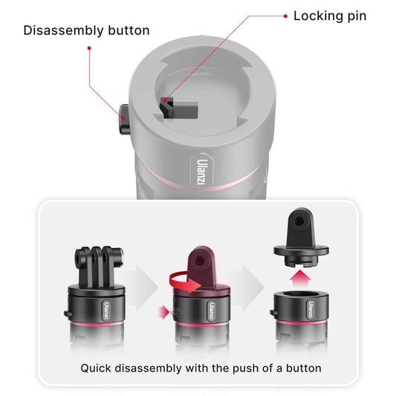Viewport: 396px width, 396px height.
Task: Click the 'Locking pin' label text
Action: coord(330,16)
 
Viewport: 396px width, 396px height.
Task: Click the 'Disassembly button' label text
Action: coord(86,30)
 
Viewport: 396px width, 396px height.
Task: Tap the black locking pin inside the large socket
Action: coord(178,108)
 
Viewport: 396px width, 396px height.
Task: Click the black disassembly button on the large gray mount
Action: coord(125,119)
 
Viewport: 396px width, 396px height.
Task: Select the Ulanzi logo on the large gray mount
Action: coord(201,172)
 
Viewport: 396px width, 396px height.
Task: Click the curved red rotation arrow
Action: coord(185,282)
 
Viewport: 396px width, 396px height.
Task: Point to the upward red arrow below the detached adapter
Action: coord(299,278)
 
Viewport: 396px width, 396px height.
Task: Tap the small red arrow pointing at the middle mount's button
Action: coord(163,312)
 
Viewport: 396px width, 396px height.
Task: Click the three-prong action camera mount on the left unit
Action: coord(99,266)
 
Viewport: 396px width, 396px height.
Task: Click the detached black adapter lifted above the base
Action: coord(301,238)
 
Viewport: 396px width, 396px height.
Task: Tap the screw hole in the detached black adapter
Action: coord(299,221)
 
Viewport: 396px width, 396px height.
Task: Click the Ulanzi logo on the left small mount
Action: coord(107,311)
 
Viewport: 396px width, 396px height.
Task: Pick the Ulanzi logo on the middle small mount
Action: coord(212,311)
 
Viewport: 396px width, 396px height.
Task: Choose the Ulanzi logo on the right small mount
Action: coord(311,309)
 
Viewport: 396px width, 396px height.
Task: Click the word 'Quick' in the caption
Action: coord(96,369)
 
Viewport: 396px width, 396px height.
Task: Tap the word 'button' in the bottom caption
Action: coord(304,369)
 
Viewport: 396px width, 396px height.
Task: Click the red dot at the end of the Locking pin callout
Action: coord(285,16)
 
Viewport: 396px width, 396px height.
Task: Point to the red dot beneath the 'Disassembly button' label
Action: coord(89,48)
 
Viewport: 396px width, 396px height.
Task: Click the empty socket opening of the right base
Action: coord(301,295)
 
